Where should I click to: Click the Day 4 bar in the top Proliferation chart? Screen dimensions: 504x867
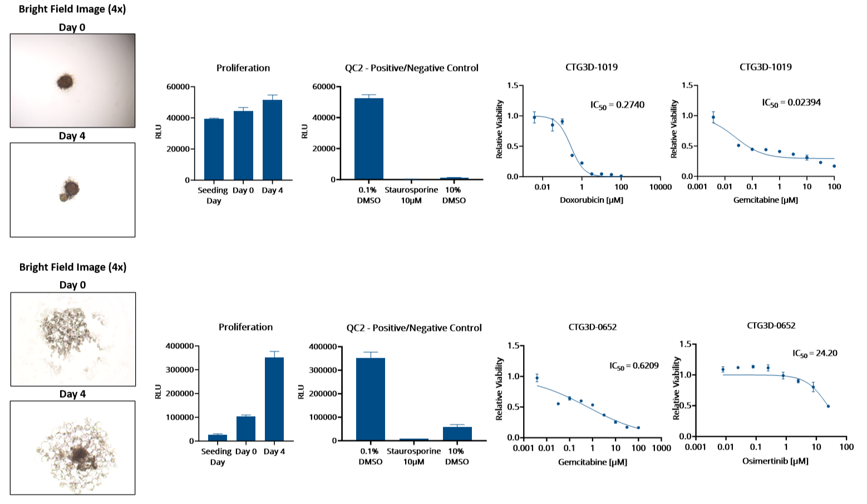(272, 140)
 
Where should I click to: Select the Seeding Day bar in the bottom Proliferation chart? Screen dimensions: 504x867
(217, 438)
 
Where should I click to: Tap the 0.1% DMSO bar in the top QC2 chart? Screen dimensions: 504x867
(368, 139)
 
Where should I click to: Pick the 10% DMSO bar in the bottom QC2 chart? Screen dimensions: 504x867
(457, 433)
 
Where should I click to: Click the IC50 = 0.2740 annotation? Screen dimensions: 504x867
(617, 105)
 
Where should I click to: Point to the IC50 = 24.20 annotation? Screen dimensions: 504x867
(815, 354)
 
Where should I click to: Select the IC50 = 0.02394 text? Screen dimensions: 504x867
(791, 103)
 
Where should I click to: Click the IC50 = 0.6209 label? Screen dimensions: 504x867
(634, 366)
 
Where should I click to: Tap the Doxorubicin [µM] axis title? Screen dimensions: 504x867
(591, 200)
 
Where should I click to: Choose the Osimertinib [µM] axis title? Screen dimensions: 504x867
(775, 461)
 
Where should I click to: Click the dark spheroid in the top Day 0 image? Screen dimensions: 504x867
(66, 82)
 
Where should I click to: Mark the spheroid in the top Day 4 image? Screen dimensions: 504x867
(70, 190)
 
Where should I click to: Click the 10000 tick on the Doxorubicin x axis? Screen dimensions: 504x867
(660, 187)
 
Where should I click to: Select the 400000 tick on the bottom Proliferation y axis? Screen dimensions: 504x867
(179, 346)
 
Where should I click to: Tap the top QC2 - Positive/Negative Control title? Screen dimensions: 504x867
(411, 68)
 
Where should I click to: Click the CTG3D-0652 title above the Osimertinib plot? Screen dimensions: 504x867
(771, 325)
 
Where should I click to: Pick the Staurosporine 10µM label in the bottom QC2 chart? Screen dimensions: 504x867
(413, 456)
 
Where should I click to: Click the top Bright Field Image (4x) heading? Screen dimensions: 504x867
(72, 9)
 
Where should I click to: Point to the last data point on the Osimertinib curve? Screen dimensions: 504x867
(828, 406)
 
